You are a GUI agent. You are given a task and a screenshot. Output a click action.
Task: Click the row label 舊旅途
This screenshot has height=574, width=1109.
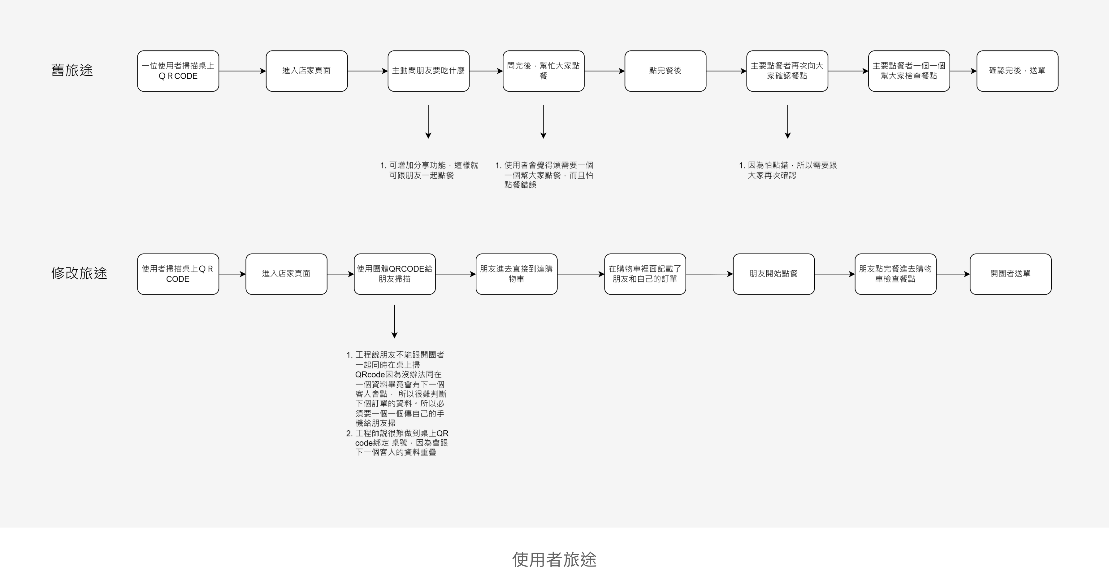click(x=72, y=70)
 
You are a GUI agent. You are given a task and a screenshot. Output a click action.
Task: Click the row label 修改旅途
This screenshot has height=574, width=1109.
click(x=79, y=273)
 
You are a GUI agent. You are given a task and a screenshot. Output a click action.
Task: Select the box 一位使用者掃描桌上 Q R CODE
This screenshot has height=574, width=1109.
click(x=178, y=71)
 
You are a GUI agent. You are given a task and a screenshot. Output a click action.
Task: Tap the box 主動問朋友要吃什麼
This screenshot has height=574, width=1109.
click(x=428, y=71)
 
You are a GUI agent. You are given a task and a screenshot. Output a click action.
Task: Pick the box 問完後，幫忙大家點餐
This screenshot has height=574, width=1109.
click(x=543, y=71)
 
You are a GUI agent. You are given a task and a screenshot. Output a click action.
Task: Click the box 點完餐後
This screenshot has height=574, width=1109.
click(x=665, y=71)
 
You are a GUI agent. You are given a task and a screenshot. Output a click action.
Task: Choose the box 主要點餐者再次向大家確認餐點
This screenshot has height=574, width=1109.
click(x=787, y=71)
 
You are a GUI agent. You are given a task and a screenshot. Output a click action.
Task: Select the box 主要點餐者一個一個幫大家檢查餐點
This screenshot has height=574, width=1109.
click(x=909, y=71)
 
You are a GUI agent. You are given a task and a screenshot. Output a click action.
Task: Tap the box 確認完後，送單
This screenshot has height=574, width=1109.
click(x=1017, y=71)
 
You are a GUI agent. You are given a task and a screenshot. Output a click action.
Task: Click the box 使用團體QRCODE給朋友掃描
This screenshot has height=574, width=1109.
click(x=394, y=274)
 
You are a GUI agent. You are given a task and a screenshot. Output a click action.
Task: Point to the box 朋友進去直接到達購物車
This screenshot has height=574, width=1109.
click(x=516, y=274)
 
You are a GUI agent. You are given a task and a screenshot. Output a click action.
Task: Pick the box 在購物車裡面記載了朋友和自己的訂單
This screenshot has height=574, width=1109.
click(x=645, y=274)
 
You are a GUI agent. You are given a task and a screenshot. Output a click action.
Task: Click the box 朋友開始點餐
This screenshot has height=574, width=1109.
click(x=773, y=274)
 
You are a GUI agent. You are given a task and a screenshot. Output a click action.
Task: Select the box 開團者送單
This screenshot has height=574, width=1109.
click(x=1010, y=274)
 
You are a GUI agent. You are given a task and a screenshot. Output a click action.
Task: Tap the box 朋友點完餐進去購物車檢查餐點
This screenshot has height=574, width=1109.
click(x=895, y=274)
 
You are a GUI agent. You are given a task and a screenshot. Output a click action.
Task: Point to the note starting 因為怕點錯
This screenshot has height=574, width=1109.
click(x=788, y=170)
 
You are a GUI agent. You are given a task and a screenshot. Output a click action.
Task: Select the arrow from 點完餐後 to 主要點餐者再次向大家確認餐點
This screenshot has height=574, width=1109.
click(x=726, y=71)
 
